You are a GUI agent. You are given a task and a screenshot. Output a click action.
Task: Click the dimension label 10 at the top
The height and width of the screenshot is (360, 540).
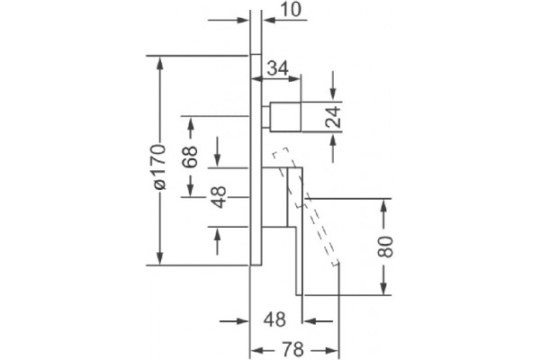click(291, 9)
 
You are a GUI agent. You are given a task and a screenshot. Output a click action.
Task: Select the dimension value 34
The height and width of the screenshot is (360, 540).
click(278, 67)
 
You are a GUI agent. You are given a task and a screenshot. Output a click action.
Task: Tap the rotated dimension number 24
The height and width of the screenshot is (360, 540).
click(333, 117)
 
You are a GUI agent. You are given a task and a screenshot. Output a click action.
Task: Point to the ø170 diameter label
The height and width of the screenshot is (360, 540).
click(160, 167)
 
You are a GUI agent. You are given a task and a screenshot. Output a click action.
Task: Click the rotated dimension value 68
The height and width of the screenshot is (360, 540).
click(190, 157)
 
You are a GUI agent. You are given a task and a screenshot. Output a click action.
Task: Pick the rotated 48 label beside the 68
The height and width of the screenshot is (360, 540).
click(219, 197)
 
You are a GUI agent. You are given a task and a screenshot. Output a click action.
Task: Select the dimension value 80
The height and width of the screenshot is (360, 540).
click(384, 247)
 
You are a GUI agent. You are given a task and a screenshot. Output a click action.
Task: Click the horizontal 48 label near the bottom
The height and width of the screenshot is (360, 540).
click(274, 319)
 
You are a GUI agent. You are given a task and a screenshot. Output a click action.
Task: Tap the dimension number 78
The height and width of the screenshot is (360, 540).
click(293, 349)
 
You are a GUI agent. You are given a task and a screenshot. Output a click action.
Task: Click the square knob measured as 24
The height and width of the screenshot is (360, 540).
click(285, 116)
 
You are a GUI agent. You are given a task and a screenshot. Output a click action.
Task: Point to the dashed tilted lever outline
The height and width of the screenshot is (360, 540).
click(306, 207)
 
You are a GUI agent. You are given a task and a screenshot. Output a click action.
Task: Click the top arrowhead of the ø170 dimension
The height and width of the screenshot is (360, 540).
click(160, 63)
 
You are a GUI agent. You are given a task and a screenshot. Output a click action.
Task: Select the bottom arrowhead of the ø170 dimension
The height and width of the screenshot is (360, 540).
click(160, 258)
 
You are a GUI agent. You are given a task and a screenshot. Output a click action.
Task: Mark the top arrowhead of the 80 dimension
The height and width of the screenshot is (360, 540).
click(384, 206)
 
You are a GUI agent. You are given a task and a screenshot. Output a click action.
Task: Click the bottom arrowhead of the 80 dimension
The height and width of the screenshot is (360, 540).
click(384, 288)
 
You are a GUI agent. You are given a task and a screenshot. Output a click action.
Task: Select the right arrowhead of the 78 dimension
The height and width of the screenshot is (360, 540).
click(332, 351)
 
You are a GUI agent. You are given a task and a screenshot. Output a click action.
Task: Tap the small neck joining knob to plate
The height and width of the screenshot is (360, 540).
click(265, 117)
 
